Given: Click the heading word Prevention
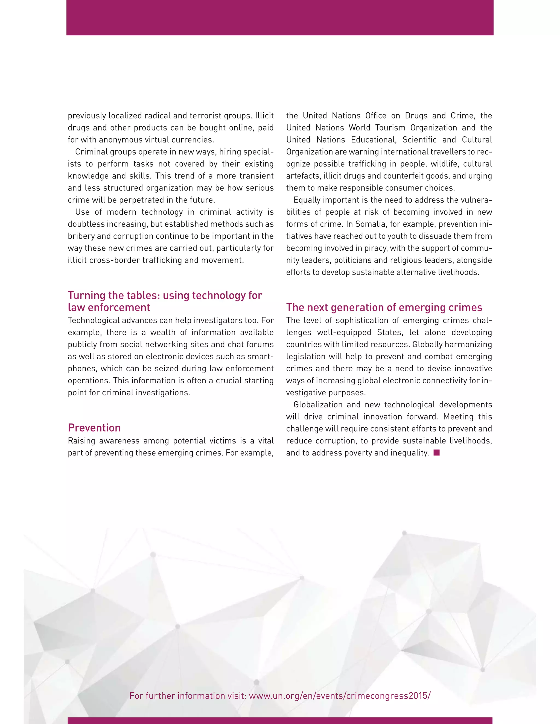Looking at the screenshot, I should [94, 428].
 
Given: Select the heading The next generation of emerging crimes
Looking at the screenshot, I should [384, 308].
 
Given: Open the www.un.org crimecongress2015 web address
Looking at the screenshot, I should [339, 696].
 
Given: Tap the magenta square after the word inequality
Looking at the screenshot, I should [437, 452].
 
